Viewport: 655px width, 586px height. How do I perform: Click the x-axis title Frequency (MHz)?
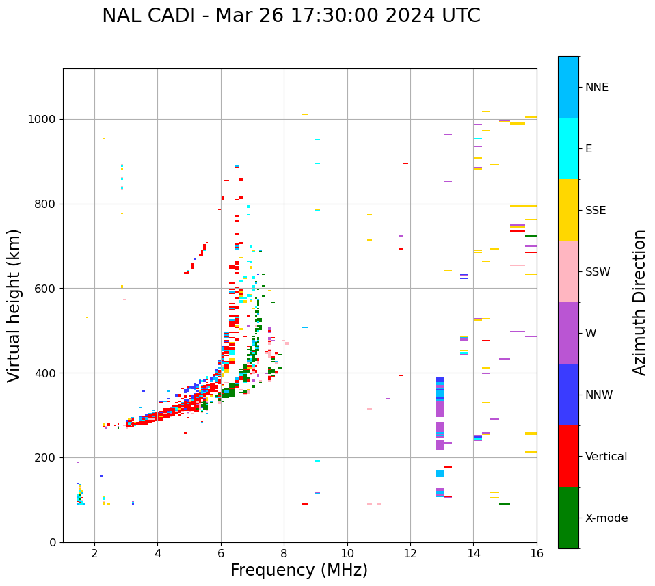299,570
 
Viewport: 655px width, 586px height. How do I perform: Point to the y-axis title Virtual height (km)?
14,305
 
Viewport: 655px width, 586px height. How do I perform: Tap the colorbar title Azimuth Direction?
639,302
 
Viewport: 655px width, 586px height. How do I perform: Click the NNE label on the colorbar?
597,88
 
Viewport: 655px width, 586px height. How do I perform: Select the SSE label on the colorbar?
596,211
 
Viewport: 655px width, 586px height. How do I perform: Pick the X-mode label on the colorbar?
606,518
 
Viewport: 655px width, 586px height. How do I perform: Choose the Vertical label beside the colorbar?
606,457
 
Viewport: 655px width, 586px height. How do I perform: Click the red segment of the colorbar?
568,456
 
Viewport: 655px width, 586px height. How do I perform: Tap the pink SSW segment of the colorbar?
568,271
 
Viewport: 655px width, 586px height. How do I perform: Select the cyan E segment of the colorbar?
568,148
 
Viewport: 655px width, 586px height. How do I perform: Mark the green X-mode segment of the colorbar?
568,518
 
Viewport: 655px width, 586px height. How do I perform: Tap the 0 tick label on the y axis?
53,542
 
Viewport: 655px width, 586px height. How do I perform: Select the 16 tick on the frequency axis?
537,553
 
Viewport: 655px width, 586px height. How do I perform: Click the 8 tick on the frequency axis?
284,553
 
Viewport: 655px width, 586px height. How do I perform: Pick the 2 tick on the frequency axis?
94,553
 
